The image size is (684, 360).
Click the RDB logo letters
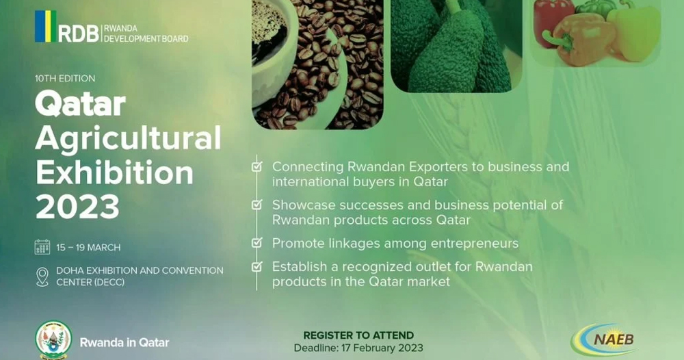(79, 33)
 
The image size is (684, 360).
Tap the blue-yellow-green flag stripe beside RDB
(45, 26)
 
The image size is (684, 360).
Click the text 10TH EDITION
(65, 79)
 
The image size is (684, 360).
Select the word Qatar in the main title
(80, 104)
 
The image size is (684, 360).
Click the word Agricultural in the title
(129, 138)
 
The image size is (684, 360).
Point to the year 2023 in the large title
(78, 207)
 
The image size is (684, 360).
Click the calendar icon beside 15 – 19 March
(42, 247)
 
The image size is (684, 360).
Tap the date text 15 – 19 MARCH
(88, 248)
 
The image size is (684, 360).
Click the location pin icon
(42, 277)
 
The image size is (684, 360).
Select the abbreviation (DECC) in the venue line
(108, 283)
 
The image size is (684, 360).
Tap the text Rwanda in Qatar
(124, 342)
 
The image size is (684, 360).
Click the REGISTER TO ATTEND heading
(358, 335)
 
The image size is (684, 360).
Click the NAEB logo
(604, 339)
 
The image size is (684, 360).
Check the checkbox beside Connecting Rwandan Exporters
(257, 166)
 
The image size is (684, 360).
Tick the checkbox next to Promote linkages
(257, 242)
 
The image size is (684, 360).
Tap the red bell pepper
(553, 22)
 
